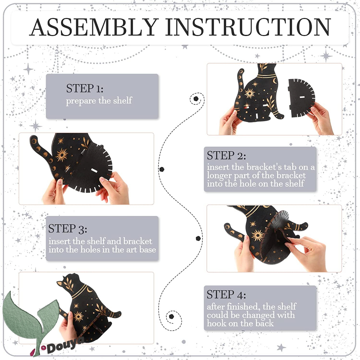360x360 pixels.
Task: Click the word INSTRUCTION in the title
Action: [x=248, y=27]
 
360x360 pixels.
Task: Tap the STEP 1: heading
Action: [x=85, y=89]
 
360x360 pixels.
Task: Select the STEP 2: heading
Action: [x=226, y=156]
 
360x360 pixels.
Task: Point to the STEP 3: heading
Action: [x=68, y=229]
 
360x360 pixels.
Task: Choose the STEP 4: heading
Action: [x=226, y=294]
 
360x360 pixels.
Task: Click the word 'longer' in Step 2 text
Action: [x=219, y=176]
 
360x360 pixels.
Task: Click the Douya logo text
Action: [x=65, y=346]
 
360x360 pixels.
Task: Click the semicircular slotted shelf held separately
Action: [x=301, y=98]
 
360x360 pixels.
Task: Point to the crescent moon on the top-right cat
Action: [x=275, y=81]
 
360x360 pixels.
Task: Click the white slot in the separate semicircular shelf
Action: [x=302, y=97]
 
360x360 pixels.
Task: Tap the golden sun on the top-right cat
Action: [x=249, y=93]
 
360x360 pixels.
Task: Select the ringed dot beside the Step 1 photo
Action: [x=196, y=99]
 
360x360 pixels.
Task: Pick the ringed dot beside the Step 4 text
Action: [x=171, y=316]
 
